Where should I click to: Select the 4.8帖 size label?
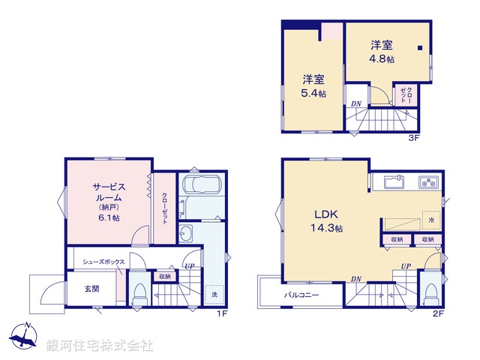[x=382, y=58]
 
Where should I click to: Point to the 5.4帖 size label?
[x=314, y=93]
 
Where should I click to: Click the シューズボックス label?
[x=103, y=262]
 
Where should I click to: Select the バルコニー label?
[x=301, y=295]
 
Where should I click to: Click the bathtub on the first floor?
[x=200, y=187]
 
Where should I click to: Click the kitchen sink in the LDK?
[x=394, y=182]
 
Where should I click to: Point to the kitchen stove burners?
[x=428, y=182]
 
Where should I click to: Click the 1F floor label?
[x=222, y=313]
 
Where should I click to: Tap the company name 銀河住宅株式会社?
[x=100, y=346]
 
